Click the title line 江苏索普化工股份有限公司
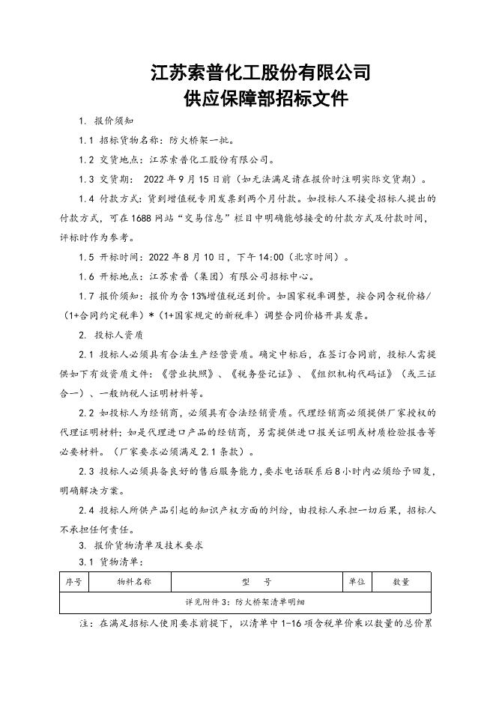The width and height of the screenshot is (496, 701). point(261,73)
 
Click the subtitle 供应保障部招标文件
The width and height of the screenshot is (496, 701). point(261,99)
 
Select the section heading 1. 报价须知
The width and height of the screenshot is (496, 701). point(107,121)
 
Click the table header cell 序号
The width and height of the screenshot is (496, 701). point(73,581)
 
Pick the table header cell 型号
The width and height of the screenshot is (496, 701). point(257,581)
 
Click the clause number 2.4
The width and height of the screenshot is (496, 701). point(88,509)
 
